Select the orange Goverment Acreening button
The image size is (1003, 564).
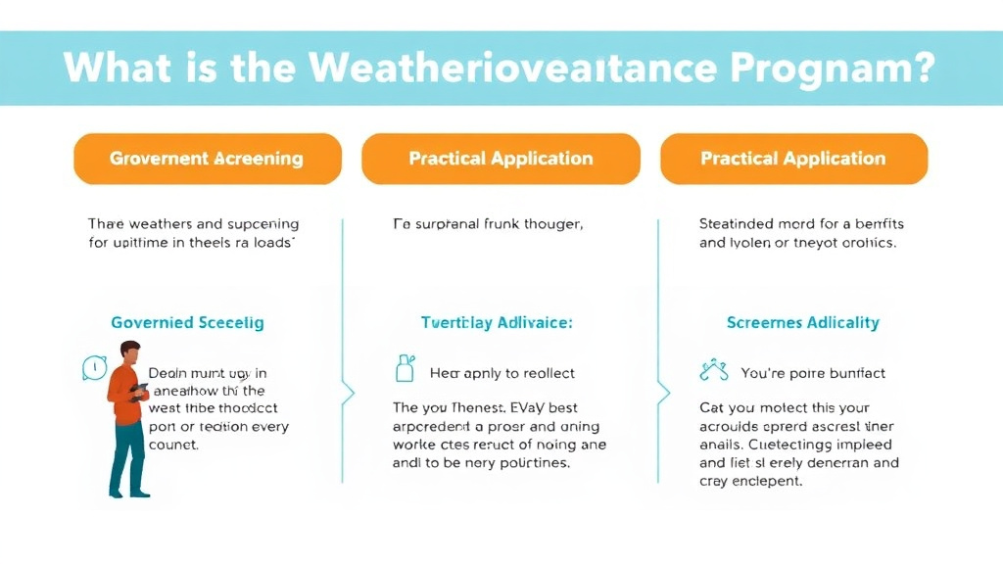click(207, 159)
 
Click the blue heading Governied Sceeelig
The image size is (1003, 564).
click(187, 322)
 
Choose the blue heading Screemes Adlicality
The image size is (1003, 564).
click(802, 322)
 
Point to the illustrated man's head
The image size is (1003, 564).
click(130, 352)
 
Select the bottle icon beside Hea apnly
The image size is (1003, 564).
click(403, 369)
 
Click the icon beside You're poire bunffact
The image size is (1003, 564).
click(713, 371)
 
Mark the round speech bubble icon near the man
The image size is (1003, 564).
click(93, 368)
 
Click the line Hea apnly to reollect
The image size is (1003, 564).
click(502, 373)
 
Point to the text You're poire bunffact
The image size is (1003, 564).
click(813, 373)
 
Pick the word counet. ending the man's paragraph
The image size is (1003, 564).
click(173, 445)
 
